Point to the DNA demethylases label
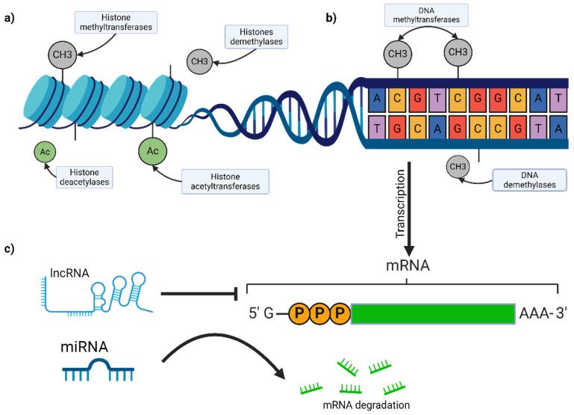(525, 180)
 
